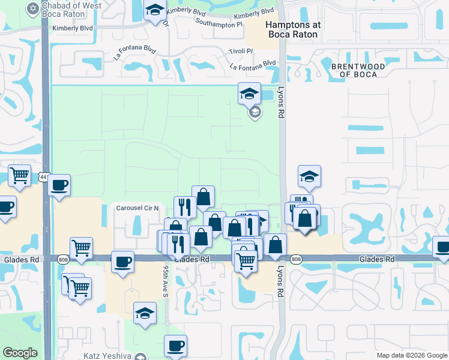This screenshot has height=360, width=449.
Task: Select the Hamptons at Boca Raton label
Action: click(294, 29)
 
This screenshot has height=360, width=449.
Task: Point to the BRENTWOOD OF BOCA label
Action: click(354, 70)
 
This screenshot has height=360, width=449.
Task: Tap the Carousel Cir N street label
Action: click(137, 208)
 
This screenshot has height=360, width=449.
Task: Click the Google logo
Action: click(20, 353)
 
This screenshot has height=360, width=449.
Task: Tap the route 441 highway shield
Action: click(44, 177)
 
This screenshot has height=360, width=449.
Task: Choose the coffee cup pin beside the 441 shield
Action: click(59, 185)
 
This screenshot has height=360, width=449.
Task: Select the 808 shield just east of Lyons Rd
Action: click(295, 259)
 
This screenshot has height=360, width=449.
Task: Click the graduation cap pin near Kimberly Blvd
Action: click(155, 10)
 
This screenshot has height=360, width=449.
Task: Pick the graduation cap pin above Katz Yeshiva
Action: click(145, 313)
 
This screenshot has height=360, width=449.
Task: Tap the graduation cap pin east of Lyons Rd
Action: click(309, 176)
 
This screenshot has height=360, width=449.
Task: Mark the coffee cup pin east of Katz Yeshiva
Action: click(175, 346)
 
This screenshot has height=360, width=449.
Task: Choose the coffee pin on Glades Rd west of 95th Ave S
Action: click(122, 262)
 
